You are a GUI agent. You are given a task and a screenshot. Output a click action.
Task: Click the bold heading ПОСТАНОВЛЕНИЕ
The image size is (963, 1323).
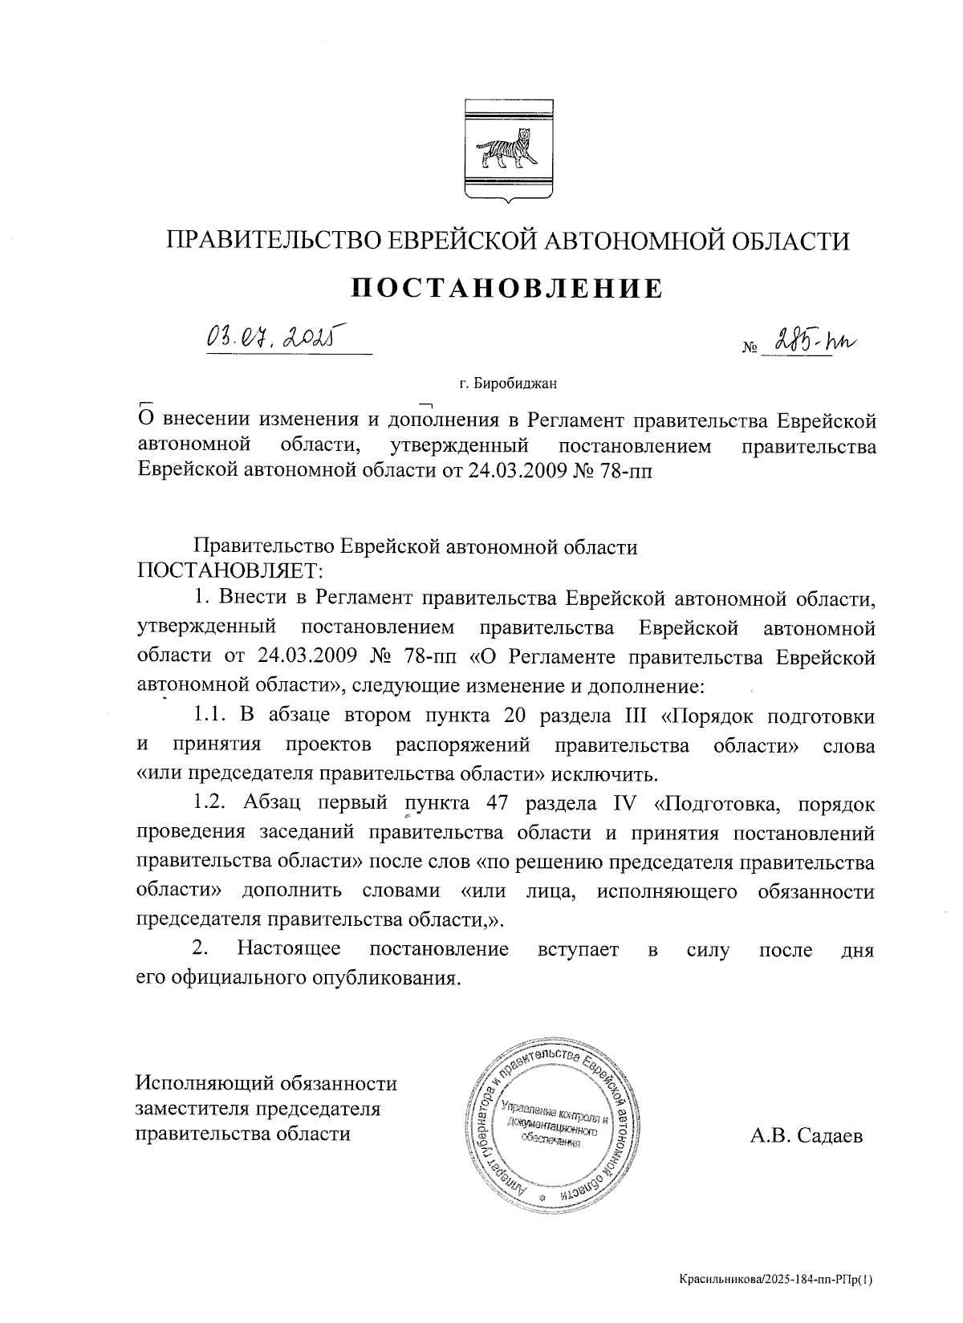click(x=509, y=288)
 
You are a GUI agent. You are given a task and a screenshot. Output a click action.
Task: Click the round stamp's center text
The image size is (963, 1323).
click(x=551, y=1123)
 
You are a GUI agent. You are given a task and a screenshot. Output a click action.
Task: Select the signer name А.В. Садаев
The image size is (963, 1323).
click(x=807, y=1135)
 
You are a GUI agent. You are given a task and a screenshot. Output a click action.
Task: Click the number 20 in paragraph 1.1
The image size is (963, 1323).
click(x=518, y=716)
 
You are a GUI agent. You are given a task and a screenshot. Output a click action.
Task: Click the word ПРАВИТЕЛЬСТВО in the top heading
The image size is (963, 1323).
click(x=268, y=241)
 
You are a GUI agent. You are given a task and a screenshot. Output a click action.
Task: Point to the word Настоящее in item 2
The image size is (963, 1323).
click(x=288, y=950)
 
